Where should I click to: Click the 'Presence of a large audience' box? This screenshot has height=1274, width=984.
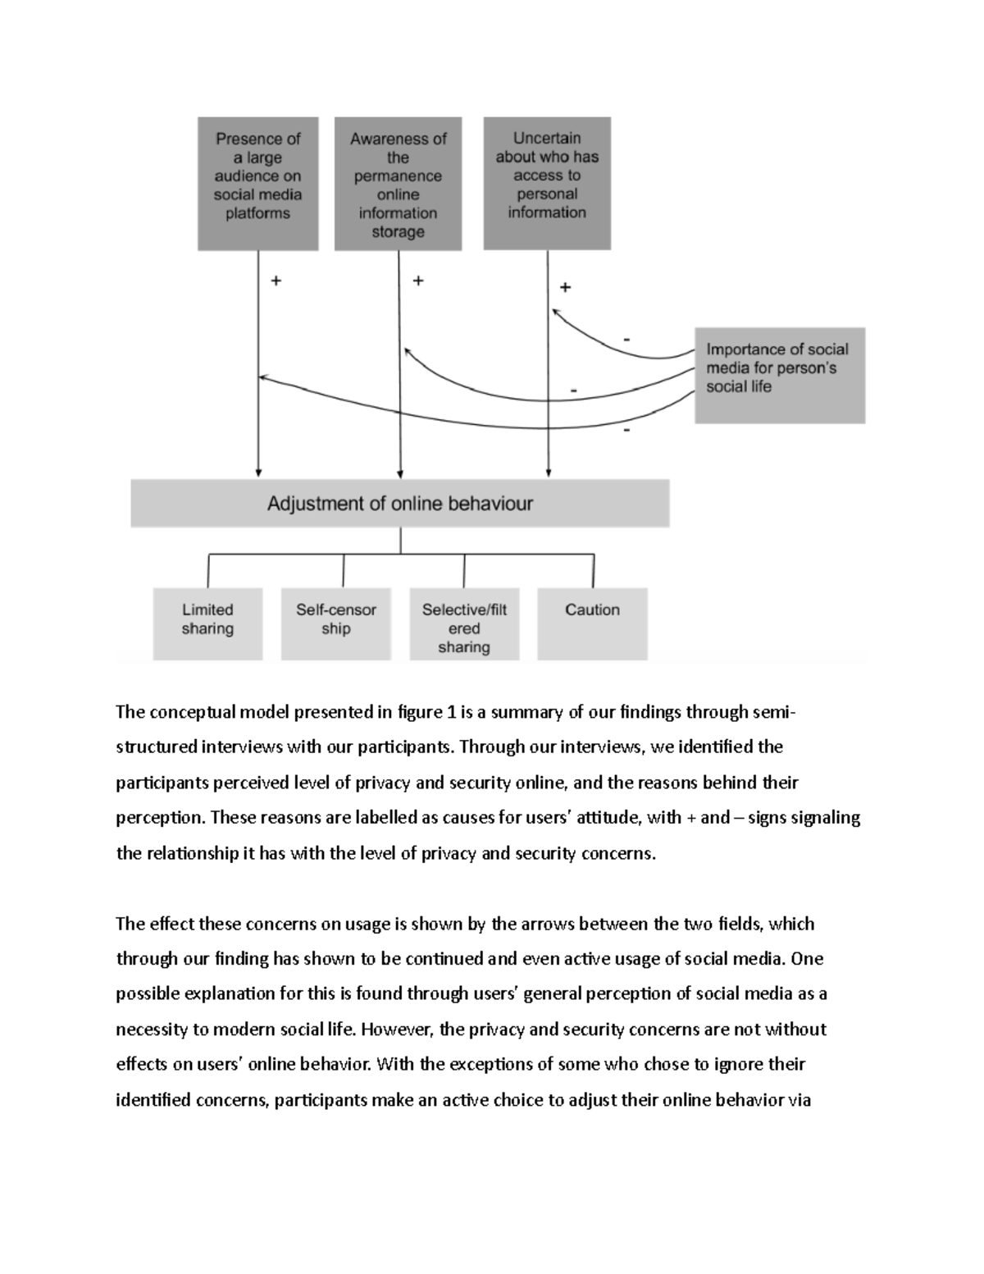[257, 183]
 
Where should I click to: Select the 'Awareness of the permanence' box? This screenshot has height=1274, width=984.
[398, 184]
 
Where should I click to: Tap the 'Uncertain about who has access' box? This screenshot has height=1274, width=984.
[547, 182]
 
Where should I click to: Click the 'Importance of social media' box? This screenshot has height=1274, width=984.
[780, 375]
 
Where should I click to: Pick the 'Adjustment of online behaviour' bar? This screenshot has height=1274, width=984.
[400, 503]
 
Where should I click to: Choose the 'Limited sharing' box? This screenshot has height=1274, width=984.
[207, 623]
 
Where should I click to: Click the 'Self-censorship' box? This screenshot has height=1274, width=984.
[335, 623]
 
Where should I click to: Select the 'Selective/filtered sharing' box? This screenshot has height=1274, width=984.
[464, 623]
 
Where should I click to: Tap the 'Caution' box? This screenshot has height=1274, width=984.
[592, 623]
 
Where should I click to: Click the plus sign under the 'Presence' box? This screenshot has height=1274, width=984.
[276, 281]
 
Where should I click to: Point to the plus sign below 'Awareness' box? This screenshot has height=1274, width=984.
[418, 281]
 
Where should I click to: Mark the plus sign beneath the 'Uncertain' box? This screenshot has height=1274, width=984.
[565, 287]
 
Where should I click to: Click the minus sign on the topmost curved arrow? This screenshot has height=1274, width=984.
[627, 339]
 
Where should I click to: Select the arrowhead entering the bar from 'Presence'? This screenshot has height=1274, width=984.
[258, 473]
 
